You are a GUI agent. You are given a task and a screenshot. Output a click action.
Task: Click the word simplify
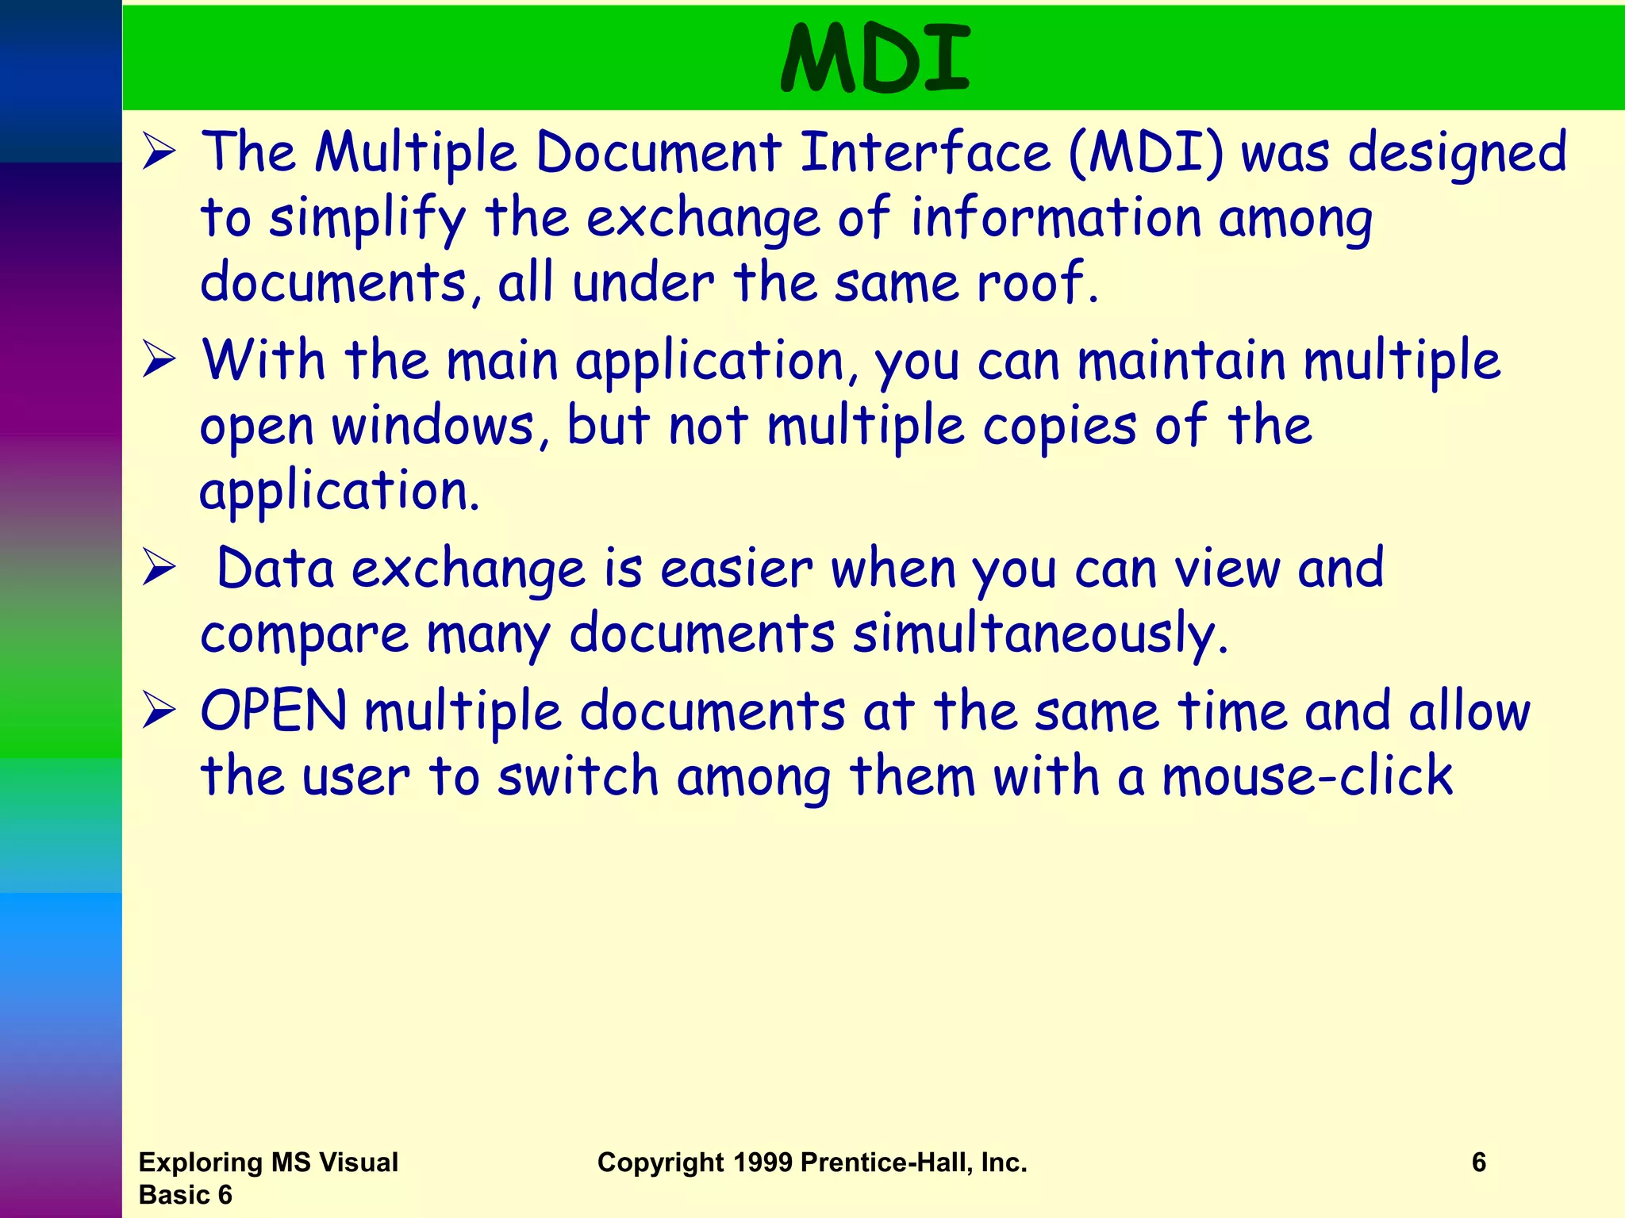tap(367, 219)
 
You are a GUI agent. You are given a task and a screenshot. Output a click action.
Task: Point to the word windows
tap(433, 427)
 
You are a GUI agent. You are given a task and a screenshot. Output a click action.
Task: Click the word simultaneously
tap(1039, 634)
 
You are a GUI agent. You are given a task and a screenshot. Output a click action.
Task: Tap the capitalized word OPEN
tap(274, 710)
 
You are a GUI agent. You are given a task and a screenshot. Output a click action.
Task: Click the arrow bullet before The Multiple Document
tap(159, 153)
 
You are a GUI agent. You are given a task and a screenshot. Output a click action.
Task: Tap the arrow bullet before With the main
tap(159, 361)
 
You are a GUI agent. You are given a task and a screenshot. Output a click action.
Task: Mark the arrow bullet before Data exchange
tap(159, 569)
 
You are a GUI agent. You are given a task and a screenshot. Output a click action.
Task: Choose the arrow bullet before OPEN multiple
tap(159, 711)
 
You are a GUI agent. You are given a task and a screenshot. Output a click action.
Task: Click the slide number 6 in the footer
tap(1478, 1162)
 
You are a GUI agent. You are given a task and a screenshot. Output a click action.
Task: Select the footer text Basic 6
tap(185, 1195)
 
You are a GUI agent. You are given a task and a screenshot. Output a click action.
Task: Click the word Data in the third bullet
tap(275, 569)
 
